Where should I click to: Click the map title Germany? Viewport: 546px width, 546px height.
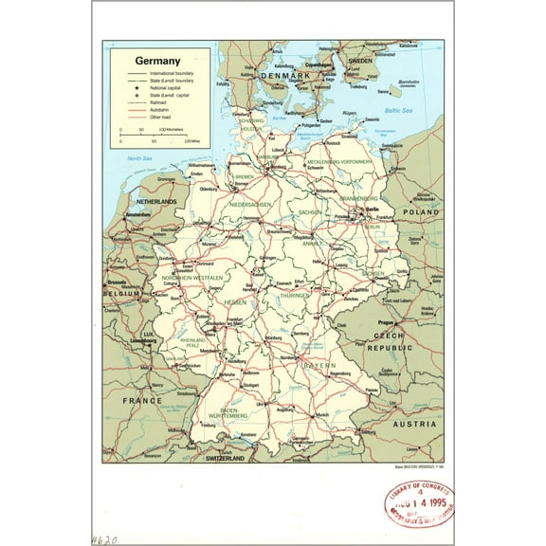(157, 60)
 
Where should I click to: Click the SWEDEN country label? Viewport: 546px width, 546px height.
(361, 60)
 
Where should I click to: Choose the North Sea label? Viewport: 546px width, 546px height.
(140, 158)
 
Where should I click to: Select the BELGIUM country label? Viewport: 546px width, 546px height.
(122, 295)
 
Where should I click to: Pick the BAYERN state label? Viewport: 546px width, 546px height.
(315, 365)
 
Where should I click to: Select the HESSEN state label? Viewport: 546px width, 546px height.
(235, 301)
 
